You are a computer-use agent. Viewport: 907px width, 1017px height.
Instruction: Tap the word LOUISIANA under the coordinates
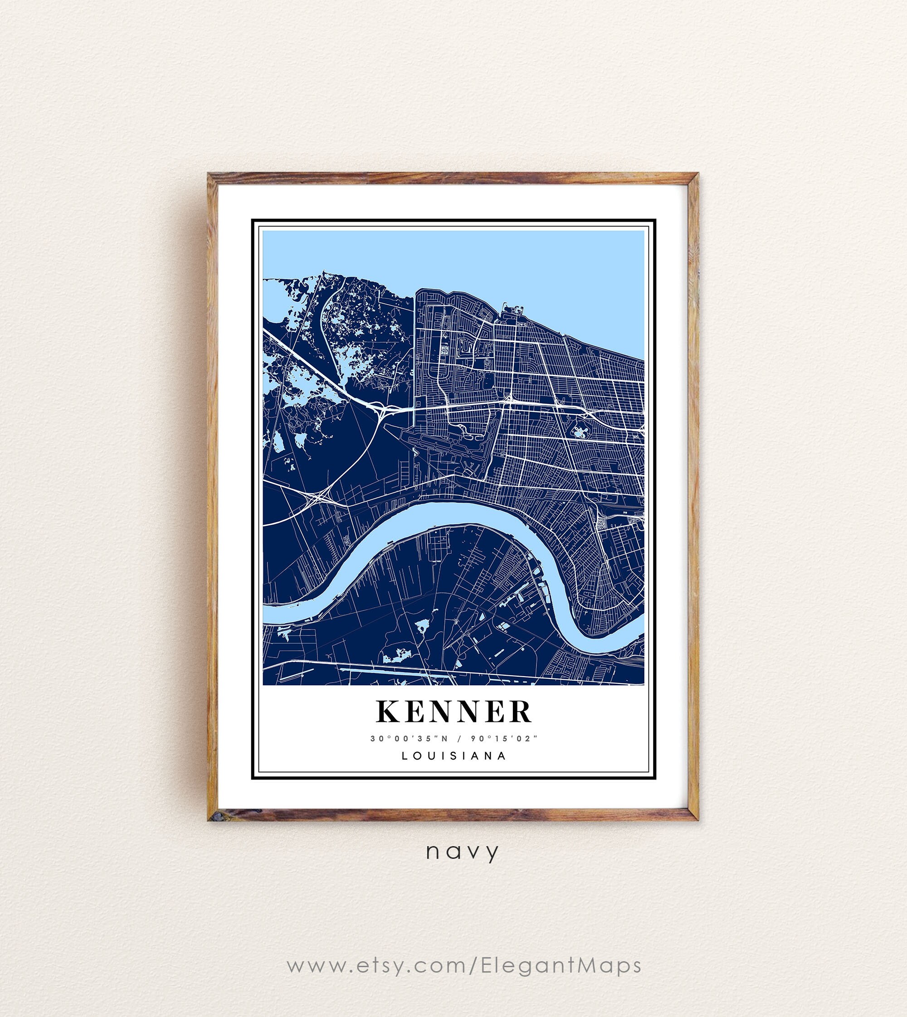tap(453, 756)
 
